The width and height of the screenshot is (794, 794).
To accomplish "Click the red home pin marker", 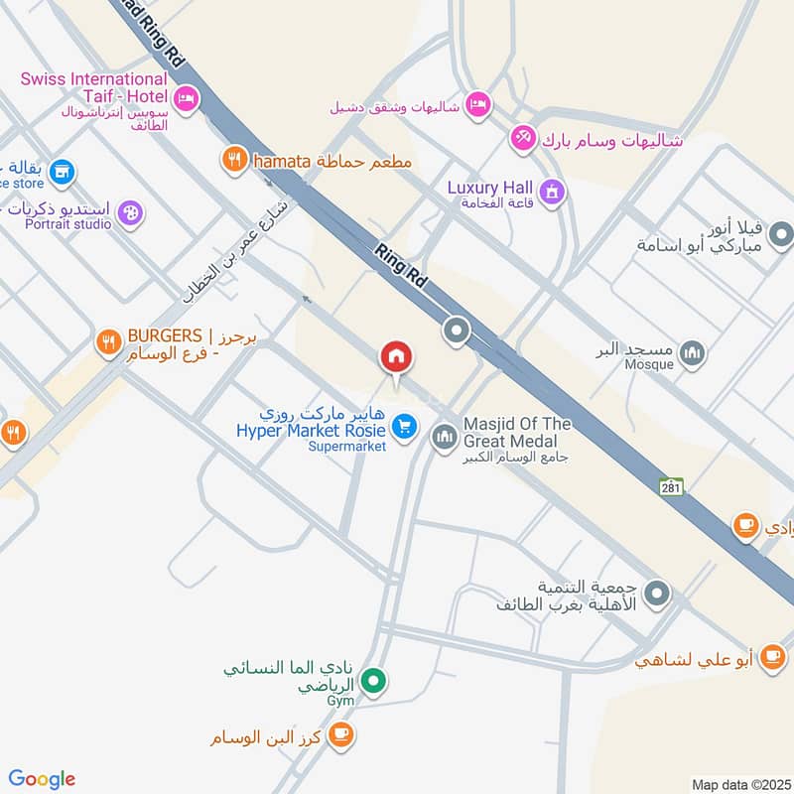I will [x=397, y=358].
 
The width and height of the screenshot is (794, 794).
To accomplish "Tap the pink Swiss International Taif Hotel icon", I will [x=185, y=98].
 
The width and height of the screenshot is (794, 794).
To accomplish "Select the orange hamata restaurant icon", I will [x=234, y=159].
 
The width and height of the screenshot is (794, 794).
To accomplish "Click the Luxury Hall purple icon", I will [x=553, y=189].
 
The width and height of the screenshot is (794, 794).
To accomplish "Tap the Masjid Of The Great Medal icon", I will [x=444, y=435].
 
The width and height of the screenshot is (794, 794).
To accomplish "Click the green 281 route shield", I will [x=671, y=486].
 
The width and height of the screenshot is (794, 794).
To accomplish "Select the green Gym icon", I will [x=373, y=681].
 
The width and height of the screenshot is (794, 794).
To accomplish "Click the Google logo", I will [x=42, y=779].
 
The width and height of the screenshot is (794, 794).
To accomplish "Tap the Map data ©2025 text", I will [x=739, y=784].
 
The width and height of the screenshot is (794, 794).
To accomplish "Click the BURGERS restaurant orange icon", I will [x=108, y=343].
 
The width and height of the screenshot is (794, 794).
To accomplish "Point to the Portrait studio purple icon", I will [x=129, y=211].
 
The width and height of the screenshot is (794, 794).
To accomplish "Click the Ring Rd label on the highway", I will [x=401, y=266].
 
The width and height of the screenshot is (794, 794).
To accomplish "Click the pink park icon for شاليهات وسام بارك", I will [x=522, y=139].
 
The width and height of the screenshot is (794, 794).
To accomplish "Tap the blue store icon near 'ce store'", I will [x=63, y=172].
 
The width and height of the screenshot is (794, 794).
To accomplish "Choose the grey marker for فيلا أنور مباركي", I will [x=781, y=234].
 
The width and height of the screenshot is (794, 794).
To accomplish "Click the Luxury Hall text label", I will [x=490, y=188].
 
